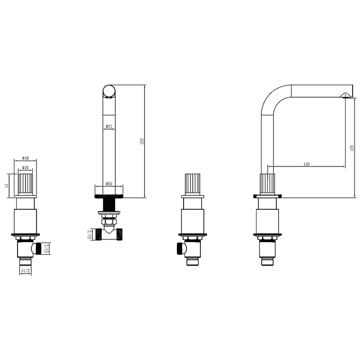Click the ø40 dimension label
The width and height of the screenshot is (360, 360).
pyautogui.click(x=25, y=158)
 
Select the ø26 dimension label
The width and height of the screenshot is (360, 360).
pyautogui.click(x=25, y=167)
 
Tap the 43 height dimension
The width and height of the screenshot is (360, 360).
pyautogui.click(x=7, y=185)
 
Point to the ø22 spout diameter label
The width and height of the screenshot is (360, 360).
pyautogui.click(x=109, y=126)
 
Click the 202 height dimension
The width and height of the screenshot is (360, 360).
pyautogui.click(x=142, y=141)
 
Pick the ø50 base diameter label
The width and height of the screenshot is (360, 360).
pyautogui.click(x=109, y=184)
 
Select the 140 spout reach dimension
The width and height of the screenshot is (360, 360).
pyautogui.click(x=306, y=164)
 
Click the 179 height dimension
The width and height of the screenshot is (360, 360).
pyautogui.click(x=352, y=148)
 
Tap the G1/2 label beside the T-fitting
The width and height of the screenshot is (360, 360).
pyautogui.click(x=90, y=234)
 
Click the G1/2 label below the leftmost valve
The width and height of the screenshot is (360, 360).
pyautogui.click(x=25, y=271)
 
